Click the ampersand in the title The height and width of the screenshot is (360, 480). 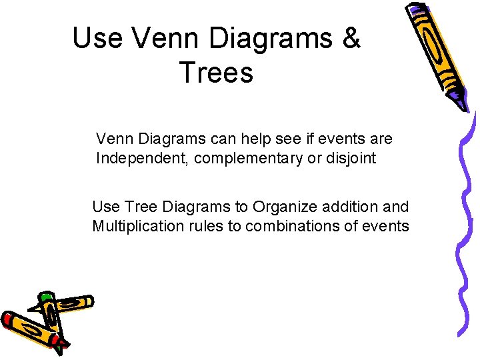coord(350,39)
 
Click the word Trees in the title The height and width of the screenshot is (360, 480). coord(217,73)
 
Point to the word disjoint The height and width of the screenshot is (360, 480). coord(351,159)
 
